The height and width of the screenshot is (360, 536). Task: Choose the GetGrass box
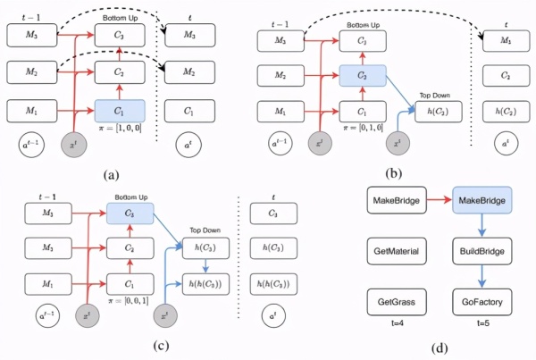394,302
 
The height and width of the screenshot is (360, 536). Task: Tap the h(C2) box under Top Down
438,112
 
